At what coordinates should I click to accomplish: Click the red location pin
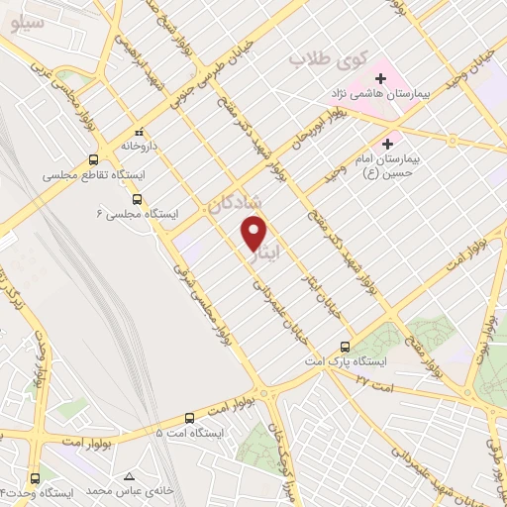click(x=255, y=232)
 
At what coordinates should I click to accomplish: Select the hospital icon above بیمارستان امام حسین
click(x=402, y=145)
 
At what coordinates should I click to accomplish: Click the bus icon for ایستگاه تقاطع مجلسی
click(x=94, y=159)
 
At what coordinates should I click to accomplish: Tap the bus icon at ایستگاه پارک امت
click(x=345, y=347)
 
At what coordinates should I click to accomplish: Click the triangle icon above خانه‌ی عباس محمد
click(x=127, y=476)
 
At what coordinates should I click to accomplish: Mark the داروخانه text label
click(x=140, y=146)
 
